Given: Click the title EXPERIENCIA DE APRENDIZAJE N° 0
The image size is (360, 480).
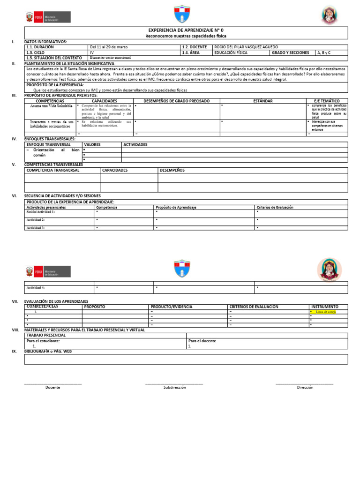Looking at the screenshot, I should [x=186, y=30].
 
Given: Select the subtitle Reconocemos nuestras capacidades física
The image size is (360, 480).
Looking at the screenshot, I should [x=186, y=35].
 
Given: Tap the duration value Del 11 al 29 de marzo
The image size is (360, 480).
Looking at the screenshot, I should [x=108, y=47].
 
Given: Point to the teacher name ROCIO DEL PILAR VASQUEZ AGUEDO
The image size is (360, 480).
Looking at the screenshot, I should [x=246, y=47].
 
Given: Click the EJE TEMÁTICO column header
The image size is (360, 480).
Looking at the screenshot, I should [x=327, y=101].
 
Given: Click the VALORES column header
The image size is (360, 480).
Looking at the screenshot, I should [x=92, y=145].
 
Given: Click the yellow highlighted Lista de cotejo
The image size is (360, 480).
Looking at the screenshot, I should [x=326, y=312].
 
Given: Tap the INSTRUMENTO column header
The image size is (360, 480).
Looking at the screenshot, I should [x=324, y=307].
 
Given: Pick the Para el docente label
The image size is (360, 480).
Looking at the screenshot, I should [x=202, y=341].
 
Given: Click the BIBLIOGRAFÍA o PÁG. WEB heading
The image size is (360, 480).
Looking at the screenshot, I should [x=48, y=351].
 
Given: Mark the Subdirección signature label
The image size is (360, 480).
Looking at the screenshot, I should [x=174, y=388].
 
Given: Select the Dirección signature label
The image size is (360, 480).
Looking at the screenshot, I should [x=305, y=388].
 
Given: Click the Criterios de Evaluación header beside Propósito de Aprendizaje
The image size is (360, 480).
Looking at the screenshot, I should [x=275, y=207].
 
